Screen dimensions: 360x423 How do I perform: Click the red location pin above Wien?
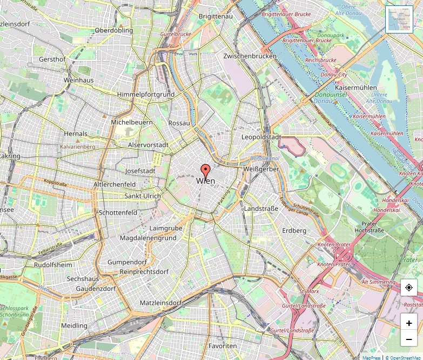click(x=205, y=171)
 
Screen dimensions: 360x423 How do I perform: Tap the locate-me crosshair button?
click(x=409, y=288)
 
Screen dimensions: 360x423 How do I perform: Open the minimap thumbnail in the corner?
click(x=399, y=19)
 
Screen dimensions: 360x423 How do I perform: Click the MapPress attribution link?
click(x=371, y=357)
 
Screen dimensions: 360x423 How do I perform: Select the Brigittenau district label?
click(x=216, y=17)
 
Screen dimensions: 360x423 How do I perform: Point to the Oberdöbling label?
click(x=113, y=30)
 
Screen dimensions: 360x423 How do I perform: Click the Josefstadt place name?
click(x=140, y=171)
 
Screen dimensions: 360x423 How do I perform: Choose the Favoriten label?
click(x=223, y=345)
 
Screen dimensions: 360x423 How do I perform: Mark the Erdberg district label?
click(x=294, y=231)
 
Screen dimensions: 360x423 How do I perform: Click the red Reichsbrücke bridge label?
click(x=320, y=61)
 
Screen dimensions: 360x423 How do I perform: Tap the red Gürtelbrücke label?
click(x=176, y=34)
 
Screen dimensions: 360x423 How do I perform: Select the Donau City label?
click(x=334, y=74)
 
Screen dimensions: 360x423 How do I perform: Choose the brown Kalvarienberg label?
click(x=77, y=146)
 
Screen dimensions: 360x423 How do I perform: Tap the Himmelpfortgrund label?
click(x=146, y=95)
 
